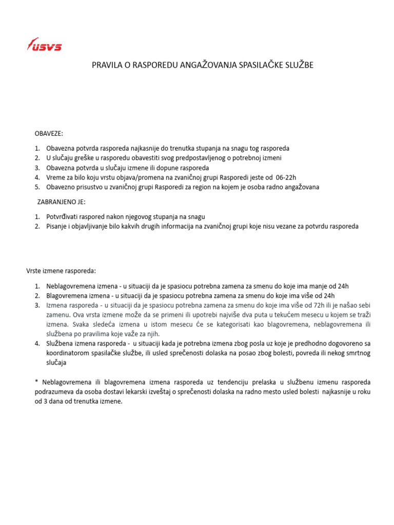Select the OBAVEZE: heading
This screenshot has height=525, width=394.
click(49, 133)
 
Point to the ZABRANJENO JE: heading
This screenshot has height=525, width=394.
click(62, 202)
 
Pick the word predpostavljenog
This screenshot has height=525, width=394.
click(199, 158)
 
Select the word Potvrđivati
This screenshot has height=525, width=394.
click(64, 216)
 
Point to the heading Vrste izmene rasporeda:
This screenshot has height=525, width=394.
click(61, 271)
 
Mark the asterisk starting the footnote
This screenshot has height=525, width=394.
click(37, 382)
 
